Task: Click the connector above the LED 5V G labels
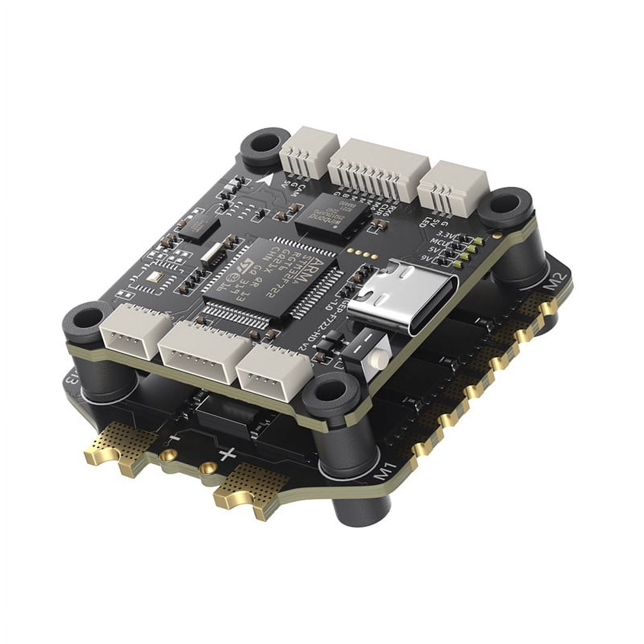point(452,188)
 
